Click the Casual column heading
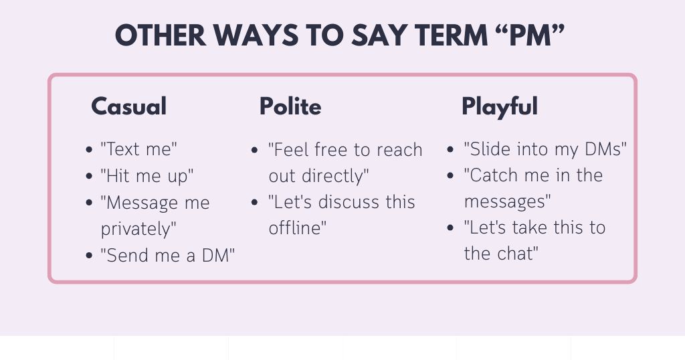click(x=128, y=106)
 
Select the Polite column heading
click(x=290, y=106)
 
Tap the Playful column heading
click(x=499, y=106)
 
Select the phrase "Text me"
click(x=140, y=149)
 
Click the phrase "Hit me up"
click(x=147, y=176)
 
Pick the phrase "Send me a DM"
click(x=167, y=255)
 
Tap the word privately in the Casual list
click(x=138, y=229)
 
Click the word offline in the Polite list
click(x=297, y=228)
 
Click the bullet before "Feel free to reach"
click(x=254, y=150)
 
